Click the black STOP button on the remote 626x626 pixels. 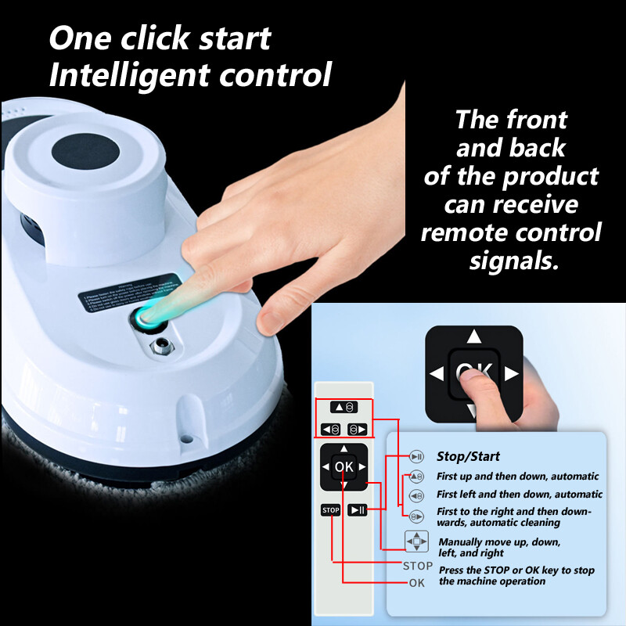click(331, 510)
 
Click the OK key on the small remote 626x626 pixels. click(344, 467)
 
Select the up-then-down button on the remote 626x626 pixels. click(344, 408)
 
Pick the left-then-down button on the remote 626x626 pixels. click(330, 429)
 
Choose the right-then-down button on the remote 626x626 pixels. click(357, 429)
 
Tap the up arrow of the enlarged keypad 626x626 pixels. click(474, 337)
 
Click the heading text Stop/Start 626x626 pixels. click(468, 456)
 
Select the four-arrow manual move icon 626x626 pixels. click(416, 541)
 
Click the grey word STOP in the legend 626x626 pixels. click(417, 566)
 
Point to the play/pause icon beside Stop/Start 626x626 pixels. click(416, 457)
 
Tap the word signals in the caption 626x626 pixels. click(514, 261)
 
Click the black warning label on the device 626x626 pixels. click(130, 290)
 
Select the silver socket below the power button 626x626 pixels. click(161, 346)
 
